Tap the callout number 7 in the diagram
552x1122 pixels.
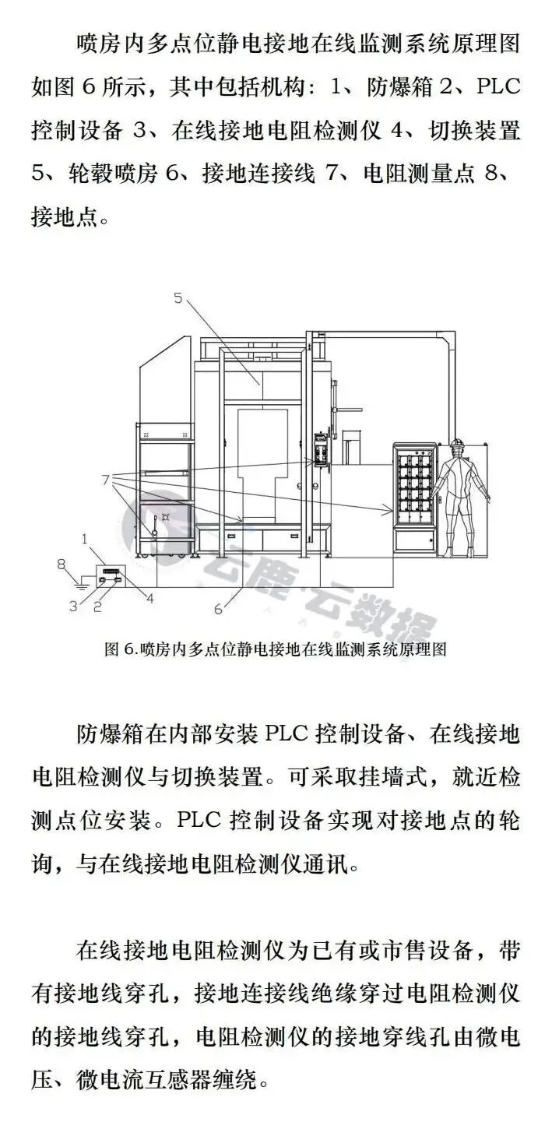(x=106, y=480)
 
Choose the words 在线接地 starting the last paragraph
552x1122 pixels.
(x=135, y=950)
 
